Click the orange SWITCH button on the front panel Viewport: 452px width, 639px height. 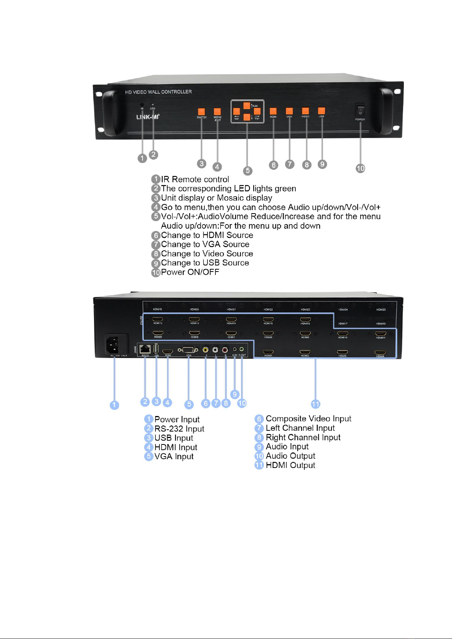[201, 111]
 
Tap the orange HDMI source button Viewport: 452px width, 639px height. [273, 111]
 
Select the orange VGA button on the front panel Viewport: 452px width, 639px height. [289, 111]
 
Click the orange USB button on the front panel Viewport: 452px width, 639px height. [322, 111]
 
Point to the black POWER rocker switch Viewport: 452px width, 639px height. [360, 111]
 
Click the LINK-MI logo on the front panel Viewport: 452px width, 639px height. [148, 117]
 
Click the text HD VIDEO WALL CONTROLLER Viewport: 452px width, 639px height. [159, 92]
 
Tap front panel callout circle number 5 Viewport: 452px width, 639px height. [248, 170]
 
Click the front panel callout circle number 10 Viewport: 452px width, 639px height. [360, 168]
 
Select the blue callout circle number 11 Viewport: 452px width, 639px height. [315, 404]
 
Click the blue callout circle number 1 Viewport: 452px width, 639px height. [114, 405]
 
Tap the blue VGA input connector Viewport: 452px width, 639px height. [188, 350]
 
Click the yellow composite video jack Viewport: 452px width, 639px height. [206, 350]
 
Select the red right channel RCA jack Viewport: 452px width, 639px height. [225, 350]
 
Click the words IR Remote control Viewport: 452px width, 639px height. [195, 179]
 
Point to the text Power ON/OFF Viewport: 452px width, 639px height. [190, 272]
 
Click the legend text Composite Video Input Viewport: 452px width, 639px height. [308, 419]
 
